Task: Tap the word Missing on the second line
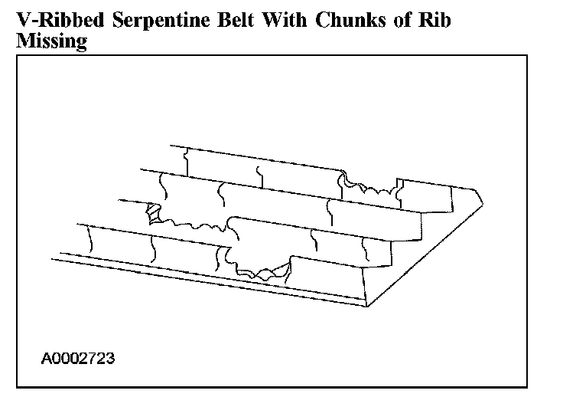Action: pyautogui.click(x=50, y=41)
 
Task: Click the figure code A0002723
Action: pyautogui.click(x=79, y=358)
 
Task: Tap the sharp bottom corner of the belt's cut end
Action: pyautogui.click(x=368, y=307)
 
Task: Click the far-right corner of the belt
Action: pyautogui.click(x=483, y=201)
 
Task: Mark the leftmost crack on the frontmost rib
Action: pyautogui.click(x=90, y=240)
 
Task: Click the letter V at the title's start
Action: pyautogui.click(x=23, y=20)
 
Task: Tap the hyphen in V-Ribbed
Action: pyautogui.click(x=34, y=21)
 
